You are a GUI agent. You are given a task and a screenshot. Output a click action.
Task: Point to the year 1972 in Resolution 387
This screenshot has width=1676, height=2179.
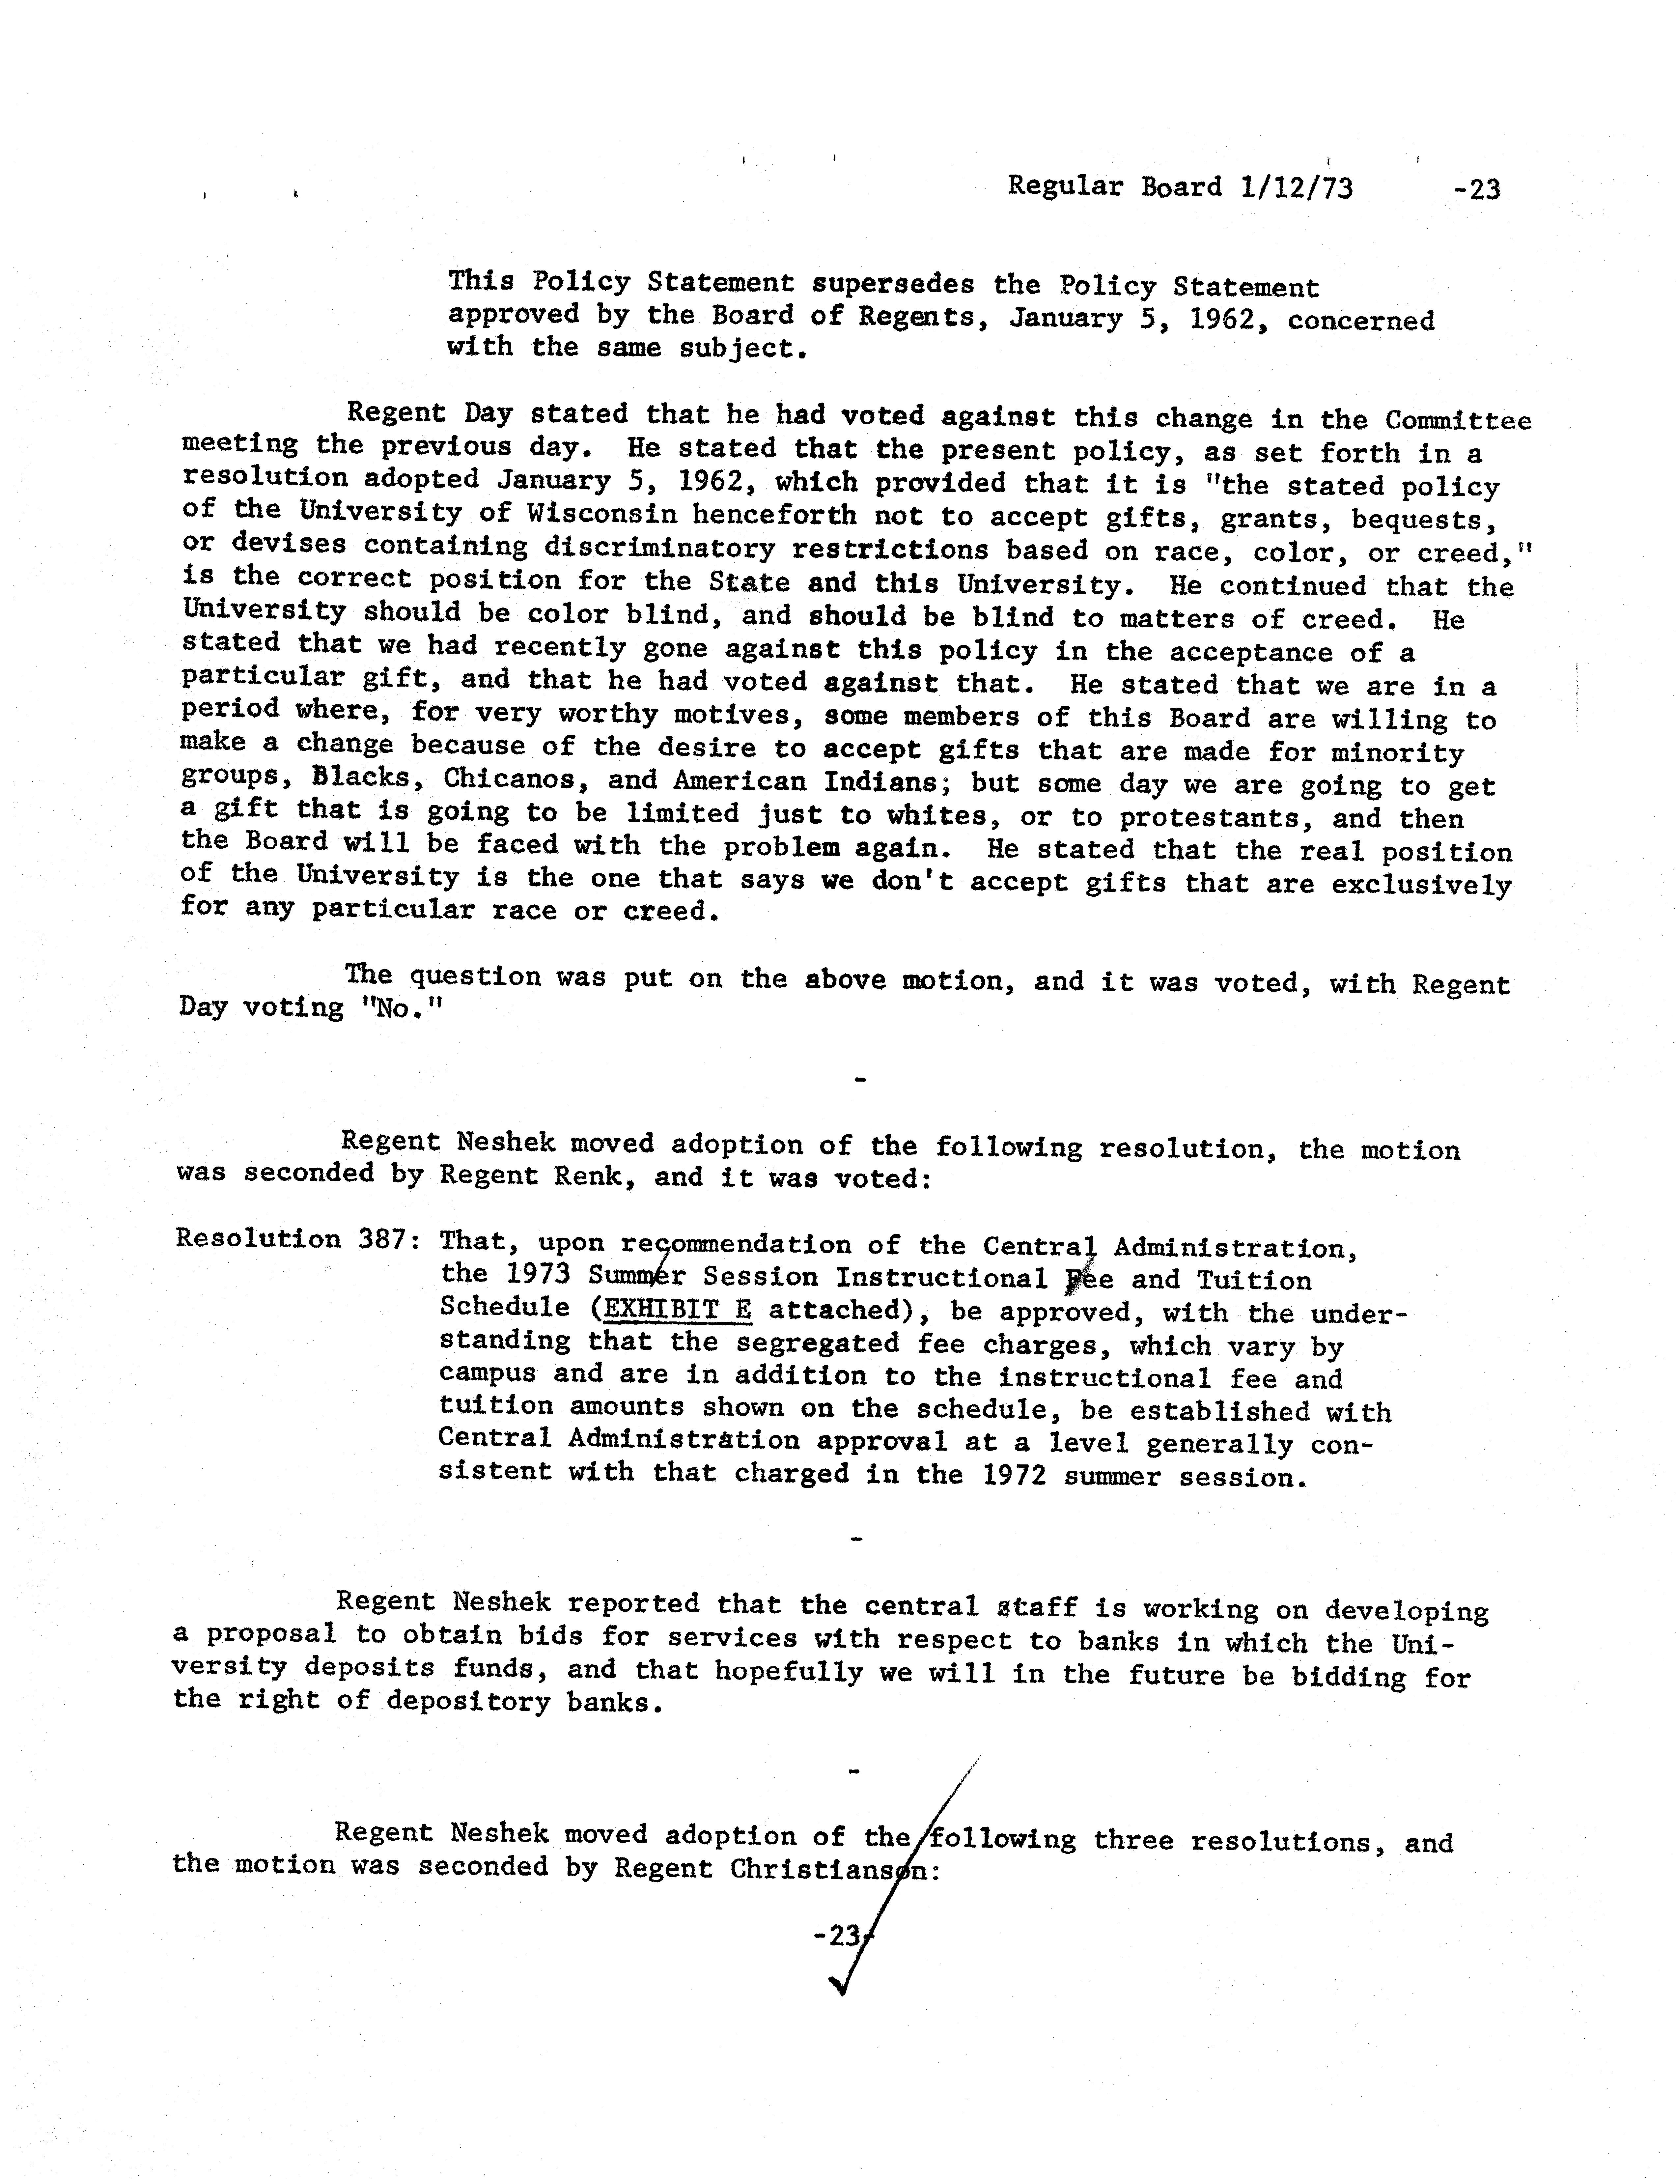pos(1014,1475)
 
